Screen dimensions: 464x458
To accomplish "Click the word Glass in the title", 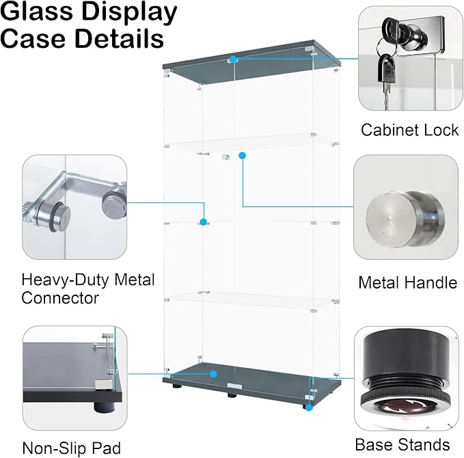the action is [36, 11].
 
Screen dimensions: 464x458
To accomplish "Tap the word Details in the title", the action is [119, 38].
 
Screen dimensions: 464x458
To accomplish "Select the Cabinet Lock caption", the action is [409, 130].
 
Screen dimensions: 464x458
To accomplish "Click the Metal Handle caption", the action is [408, 282].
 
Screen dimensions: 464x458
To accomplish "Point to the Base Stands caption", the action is [402, 445].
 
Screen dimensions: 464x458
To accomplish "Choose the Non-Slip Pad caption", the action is [72, 448].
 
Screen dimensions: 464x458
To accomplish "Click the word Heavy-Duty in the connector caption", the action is [66, 280].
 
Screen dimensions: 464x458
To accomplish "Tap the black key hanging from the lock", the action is [386, 70].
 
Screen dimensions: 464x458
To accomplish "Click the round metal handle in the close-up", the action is [405, 219].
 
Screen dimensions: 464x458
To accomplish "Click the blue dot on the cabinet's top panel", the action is [233, 59].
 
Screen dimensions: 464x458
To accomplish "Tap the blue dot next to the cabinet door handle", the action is [243, 155].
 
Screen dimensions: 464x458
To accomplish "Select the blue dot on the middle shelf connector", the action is [203, 221].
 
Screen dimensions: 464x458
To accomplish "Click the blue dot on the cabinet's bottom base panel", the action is [213, 374].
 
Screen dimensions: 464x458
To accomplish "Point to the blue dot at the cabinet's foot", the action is [309, 407].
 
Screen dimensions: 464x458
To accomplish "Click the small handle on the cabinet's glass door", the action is [226, 157].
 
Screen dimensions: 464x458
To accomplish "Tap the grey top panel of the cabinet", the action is [251, 63].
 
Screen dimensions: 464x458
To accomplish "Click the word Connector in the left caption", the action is [60, 298].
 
